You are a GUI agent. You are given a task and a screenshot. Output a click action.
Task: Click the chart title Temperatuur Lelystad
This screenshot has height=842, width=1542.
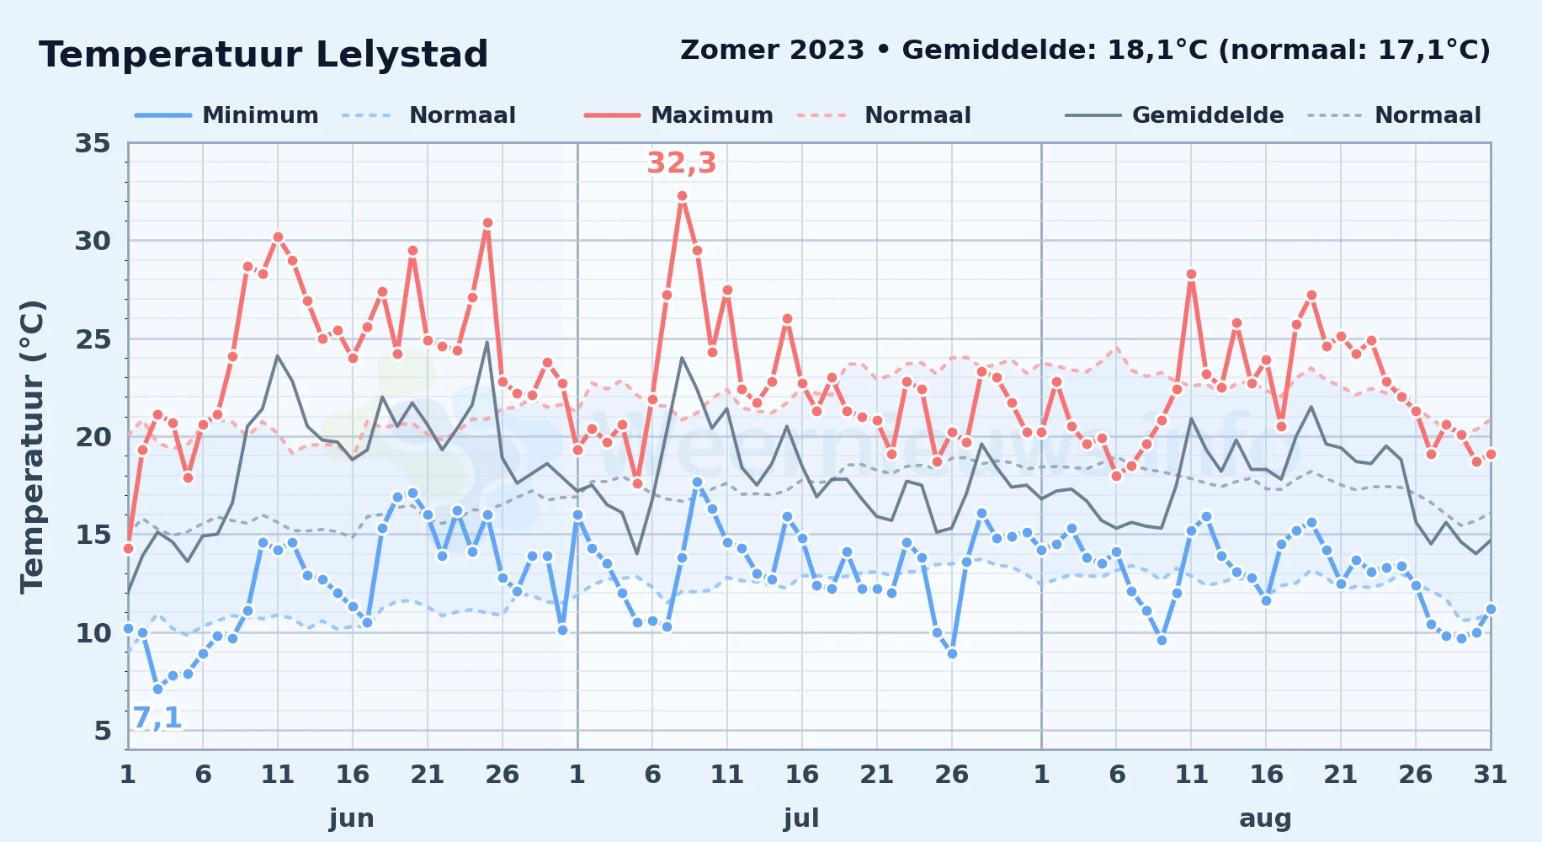pyautogui.click(x=263, y=55)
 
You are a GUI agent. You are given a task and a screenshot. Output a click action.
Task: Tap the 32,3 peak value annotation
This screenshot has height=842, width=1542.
pyautogui.click(x=681, y=163)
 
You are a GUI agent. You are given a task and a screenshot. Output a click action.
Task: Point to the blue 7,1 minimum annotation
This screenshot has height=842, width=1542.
pyautogui.click(x=157, y=717)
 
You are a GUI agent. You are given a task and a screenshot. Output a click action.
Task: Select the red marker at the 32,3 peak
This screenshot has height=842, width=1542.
pyautogui.click(x=682, y=196)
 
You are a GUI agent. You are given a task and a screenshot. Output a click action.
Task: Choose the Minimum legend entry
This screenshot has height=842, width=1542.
pyautogui.click(x=227, y=115)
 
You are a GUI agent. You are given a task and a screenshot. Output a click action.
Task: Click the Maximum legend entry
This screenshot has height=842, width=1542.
pyautogui.click(x=679, y=115)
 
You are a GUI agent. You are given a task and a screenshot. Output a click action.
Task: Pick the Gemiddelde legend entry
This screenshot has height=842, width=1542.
pyautogui.click(x=1175, y=115)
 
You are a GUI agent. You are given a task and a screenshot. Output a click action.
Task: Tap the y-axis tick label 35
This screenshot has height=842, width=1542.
pyautogui.click(x=93, y=143)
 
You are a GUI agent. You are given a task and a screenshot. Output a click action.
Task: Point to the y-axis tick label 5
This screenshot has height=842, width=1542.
pyautogui.click(x=103, y=731)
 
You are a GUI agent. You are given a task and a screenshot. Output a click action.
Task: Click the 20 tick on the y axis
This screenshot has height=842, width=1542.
pyautogui.click(x=93, y=437)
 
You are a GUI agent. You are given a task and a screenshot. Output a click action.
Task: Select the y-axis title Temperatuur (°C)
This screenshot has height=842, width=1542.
pyautogui.click(x=32, y=446)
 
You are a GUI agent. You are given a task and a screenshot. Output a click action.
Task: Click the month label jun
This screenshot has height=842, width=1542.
pyautogui.click(x=352, y=818)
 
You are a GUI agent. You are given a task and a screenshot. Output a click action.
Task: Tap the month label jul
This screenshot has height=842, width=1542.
pyautogui.click(x=801, y=818)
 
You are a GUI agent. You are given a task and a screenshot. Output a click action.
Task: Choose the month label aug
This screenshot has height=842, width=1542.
pyautogui.click(x=1265, y=818)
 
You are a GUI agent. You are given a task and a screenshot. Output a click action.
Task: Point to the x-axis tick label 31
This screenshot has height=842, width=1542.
pyautogui.click(x=1490, y=774)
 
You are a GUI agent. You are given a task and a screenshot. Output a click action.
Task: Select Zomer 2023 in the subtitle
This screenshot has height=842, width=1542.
pyautogui.click(x=772, y=51)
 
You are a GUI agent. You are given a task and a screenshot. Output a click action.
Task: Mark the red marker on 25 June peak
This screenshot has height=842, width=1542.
pyautogui.click(x=487, y=223)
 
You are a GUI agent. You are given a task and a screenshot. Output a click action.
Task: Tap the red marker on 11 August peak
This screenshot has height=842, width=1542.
pyautogui.click(x=1191, y=274)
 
